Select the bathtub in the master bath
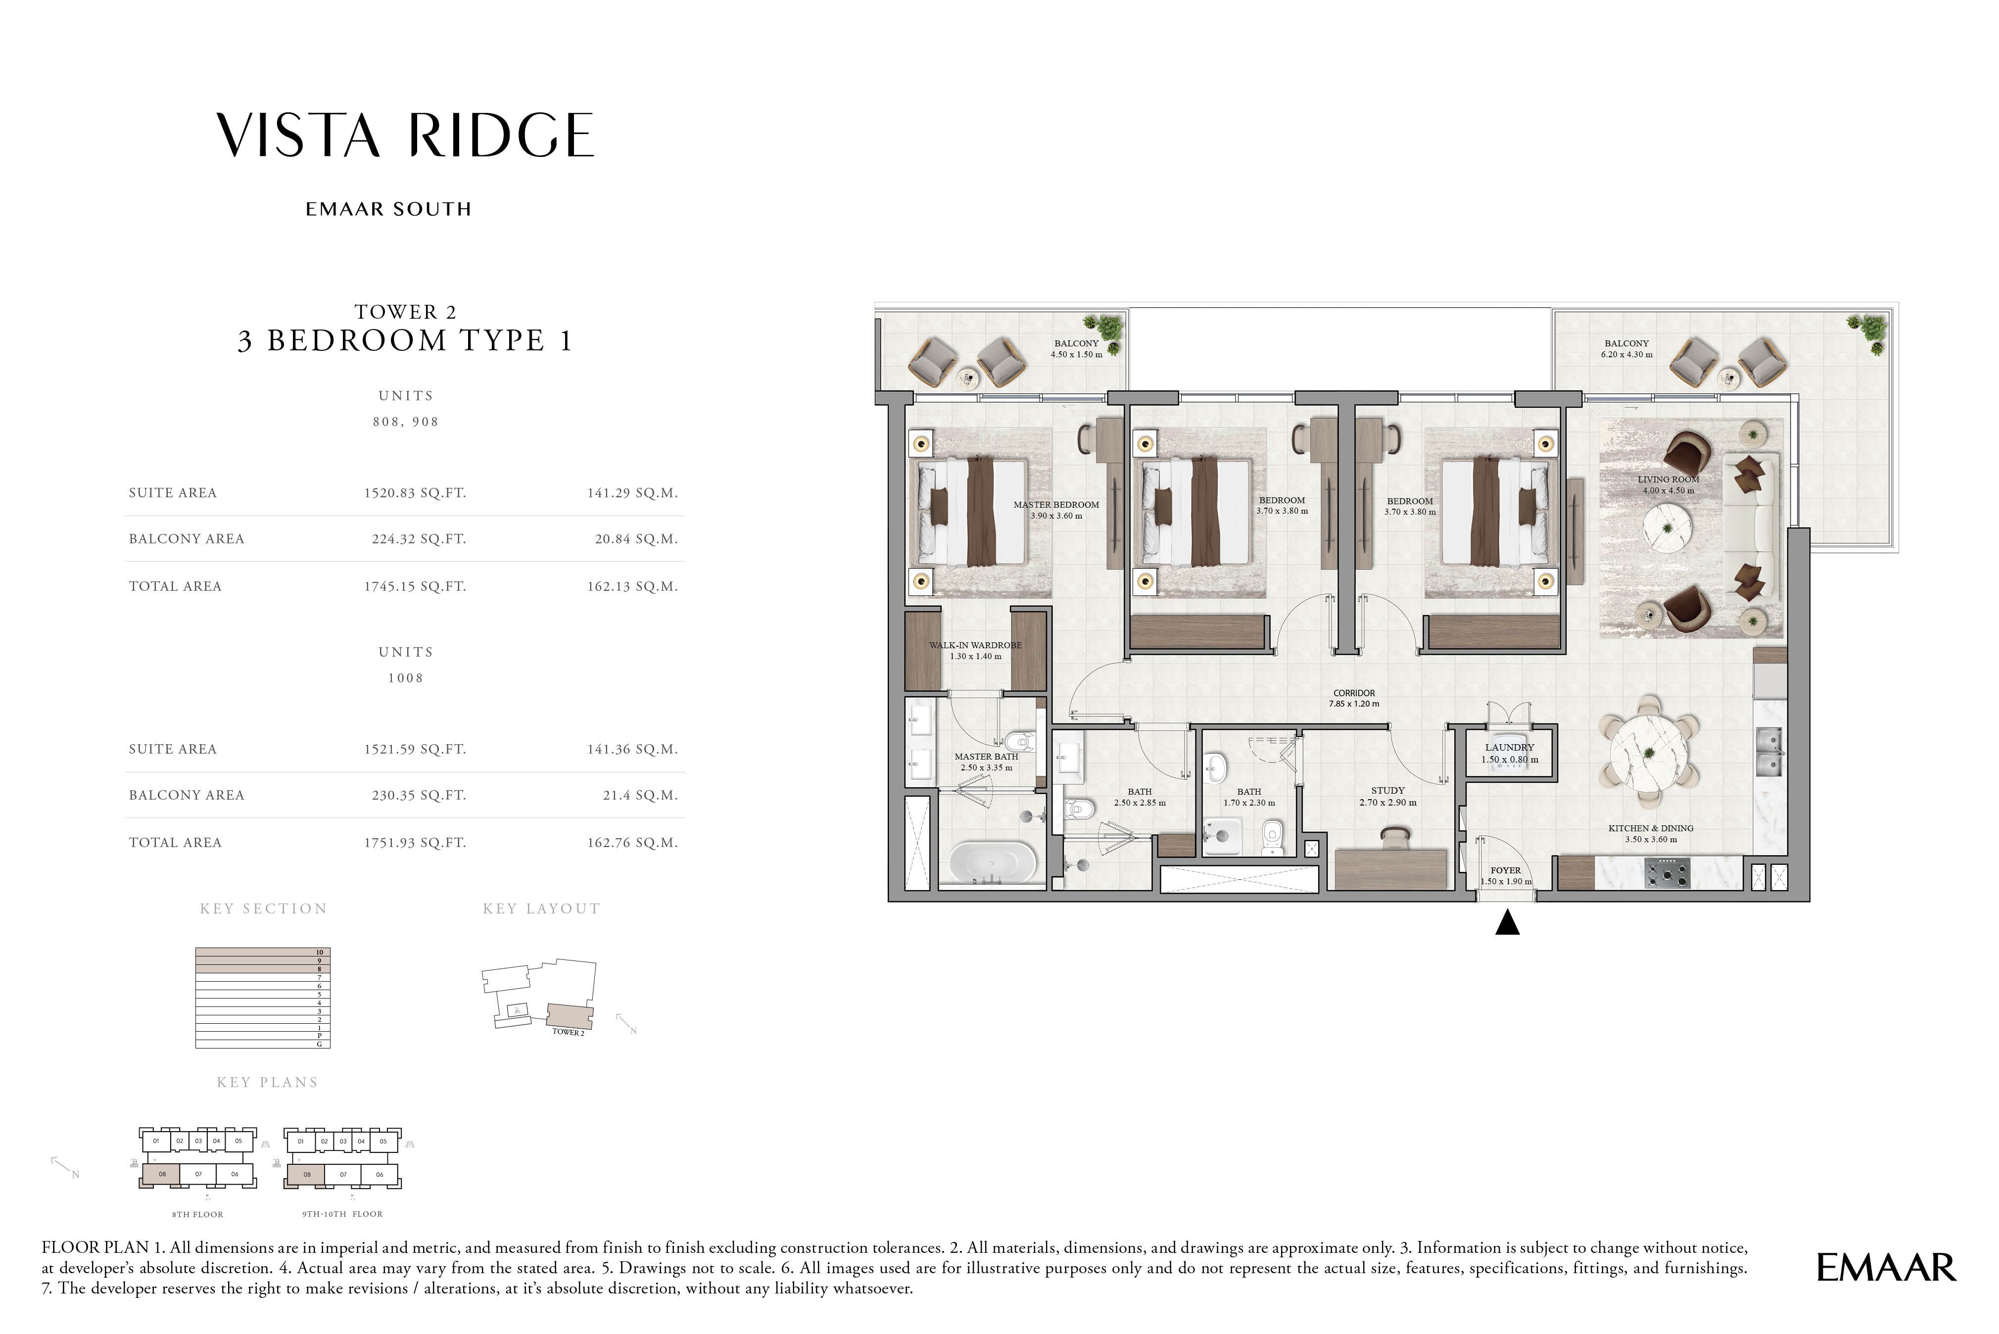993,863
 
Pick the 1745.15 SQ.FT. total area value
415,586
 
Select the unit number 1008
406,678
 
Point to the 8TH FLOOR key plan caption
197,1214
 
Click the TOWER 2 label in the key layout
568,1032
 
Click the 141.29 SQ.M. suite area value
632,493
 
